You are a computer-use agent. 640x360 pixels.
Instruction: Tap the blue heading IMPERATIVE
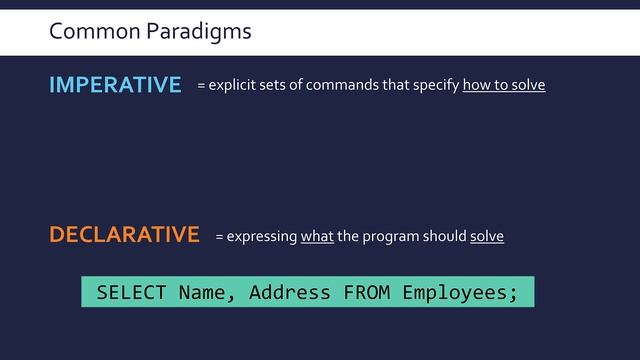click(x=115, y=86)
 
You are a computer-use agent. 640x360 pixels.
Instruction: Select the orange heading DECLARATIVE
click(x=125, y=235)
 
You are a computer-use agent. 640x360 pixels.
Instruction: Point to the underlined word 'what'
click(x=317, y=237)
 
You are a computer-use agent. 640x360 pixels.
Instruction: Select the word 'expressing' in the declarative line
click(x=262, y=237)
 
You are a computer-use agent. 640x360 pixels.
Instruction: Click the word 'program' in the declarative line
click(x=391, y=237)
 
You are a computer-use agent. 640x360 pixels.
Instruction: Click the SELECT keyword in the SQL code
click(x=132, y=293)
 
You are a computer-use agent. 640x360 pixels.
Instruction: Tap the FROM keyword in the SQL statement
click(x=367, y=293)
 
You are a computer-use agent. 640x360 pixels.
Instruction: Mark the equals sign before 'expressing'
click(x=220, y=238)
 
